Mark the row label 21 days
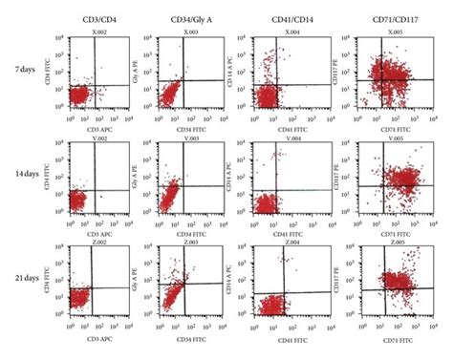coord(26,285)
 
